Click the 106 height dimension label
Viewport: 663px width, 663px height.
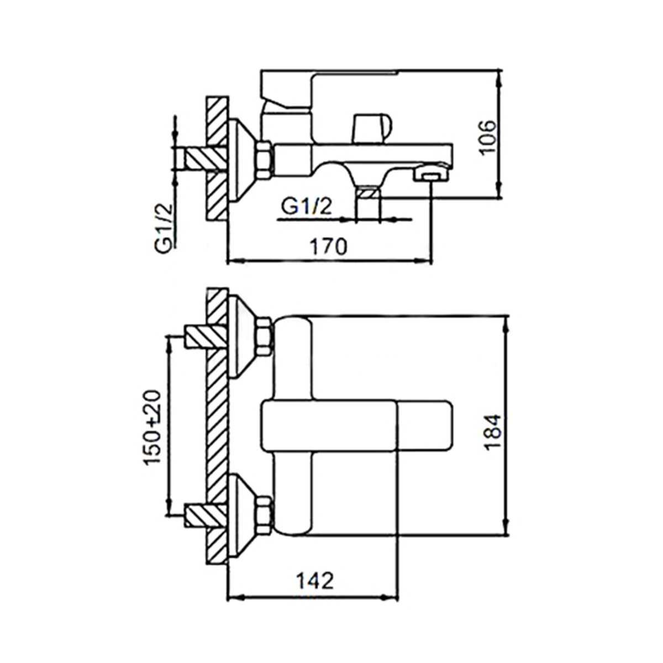[488, 137]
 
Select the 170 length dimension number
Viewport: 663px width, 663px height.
[328, 246]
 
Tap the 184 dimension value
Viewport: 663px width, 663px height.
[493, 432]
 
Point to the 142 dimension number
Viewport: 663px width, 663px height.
[315, 550]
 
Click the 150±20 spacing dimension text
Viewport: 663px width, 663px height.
[152, 427]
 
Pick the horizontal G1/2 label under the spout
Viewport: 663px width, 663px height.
[306, 207]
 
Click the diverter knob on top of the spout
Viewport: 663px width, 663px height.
[372, 128]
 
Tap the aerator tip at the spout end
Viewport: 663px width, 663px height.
[432, 173]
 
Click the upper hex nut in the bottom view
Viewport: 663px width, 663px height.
[264, 336]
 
